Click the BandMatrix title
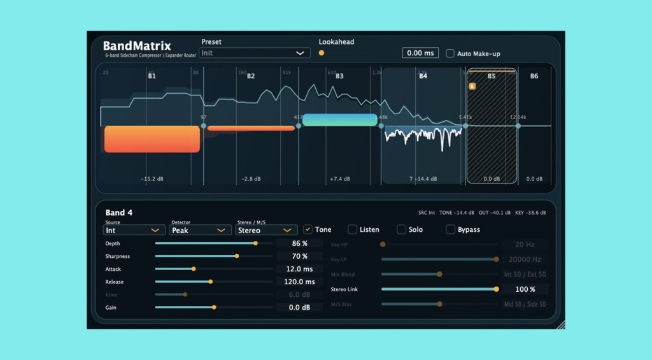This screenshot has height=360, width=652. (x=136, y=46)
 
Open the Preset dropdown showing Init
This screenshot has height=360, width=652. (x=255, y=53)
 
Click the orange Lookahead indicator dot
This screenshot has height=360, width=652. (x=322, y=53)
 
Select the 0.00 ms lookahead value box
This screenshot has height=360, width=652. (x=420, y=54)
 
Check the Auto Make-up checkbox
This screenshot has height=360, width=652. (x=450, y=54)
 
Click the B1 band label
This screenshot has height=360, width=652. (x=152, y=76)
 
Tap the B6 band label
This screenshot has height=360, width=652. (x=534, y=76)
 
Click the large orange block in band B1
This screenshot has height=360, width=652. (x=152, y=139)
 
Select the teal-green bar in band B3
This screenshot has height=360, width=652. (x=340, y=120)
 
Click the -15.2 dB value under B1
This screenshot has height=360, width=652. (x=152, y=179)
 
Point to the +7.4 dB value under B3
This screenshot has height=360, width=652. (x=339, y=179)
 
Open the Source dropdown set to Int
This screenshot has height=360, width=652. (x=134, y=230)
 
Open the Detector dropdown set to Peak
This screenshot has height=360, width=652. (x=200, y=230)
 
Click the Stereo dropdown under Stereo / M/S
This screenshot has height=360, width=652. (x=266, y=230)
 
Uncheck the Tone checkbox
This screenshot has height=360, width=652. (x=308, y=229)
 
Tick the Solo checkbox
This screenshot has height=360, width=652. (x=402, y=229)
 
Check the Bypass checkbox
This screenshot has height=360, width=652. (x=450, y=229)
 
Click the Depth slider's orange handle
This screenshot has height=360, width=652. (x=255, y=243)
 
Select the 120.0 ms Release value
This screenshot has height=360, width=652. (x=300, y=282)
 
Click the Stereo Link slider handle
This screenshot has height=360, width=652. (x=496, y=289)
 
